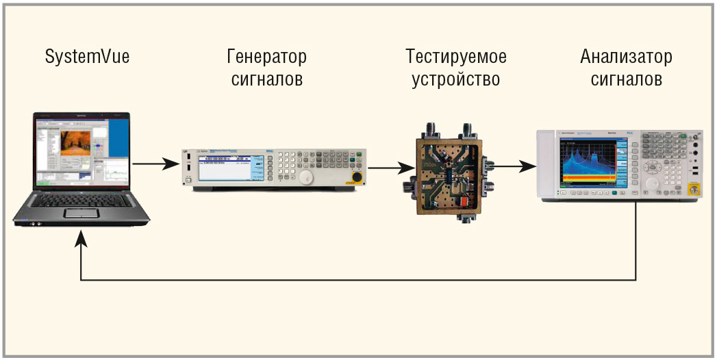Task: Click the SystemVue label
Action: click(87, 57)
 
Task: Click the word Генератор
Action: click(266, 56)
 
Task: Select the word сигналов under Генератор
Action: click(266, 79)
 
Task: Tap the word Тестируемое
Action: click(455, 56)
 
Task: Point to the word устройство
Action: click(455, 79)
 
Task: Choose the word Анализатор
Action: click(626, 56)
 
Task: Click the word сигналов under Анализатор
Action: click(626, 79)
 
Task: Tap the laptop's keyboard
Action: click(86, 199)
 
